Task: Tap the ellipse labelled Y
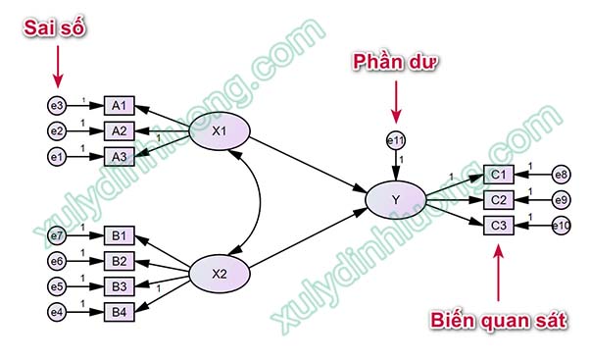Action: coord(395,201)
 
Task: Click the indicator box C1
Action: coord(499,176)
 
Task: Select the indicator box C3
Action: coord(499,226)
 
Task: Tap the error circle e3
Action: coord(57,105)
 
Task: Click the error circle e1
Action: coord(57,155)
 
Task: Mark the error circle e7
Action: coord(57,236)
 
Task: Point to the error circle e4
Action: coord(57,313)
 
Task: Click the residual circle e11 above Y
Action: coord(396,141)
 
